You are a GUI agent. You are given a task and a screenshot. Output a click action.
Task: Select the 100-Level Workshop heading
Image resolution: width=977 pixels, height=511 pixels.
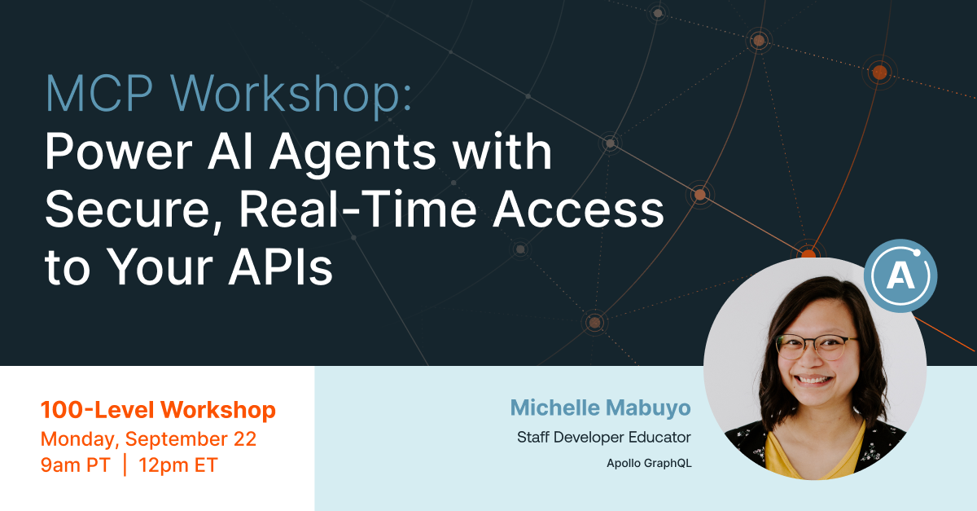(x=158, y=410)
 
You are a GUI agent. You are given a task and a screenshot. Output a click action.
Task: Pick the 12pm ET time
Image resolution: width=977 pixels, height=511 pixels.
(x=177, y=466)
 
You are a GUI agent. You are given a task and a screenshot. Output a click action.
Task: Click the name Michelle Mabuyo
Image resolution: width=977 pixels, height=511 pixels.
(x=601, y=407)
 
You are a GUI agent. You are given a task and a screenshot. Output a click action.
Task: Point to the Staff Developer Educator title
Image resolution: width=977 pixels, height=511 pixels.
(x=604, y=438)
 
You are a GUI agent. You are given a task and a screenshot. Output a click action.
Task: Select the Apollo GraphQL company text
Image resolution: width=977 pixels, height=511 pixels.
(x=649, y=464)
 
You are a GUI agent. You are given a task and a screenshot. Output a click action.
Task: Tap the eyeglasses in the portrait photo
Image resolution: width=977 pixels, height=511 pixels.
(x=817, y=346)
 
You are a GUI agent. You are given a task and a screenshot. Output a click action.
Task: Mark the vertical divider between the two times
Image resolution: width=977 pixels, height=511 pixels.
(x=125, y=466)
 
